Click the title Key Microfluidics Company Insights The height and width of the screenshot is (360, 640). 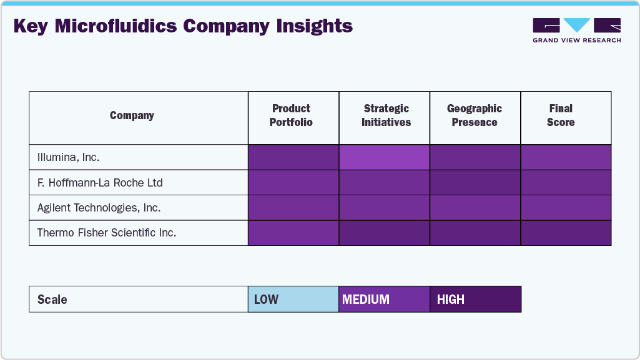[x=182, y=27]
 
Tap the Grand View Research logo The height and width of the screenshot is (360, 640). [x=576, y=30]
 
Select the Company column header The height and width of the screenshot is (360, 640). [x=132, y=115]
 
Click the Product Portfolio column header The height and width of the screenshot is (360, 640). [x=291, y=115]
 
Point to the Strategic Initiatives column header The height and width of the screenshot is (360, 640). [x=386, y=115]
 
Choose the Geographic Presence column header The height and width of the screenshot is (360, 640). [x=475, y=115]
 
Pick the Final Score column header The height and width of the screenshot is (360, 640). [x=561, y=115]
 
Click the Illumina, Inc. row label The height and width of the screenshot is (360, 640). [x=68, y=157]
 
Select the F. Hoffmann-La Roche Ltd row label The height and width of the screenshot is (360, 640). [x=100, y=183]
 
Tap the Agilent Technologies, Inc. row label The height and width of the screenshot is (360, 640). [x=99, y=208]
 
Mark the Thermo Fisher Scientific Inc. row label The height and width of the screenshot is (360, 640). [x=107, y=233]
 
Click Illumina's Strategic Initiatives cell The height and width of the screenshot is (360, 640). [x=384, y=157]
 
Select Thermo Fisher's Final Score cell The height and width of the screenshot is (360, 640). [x=566, y=233]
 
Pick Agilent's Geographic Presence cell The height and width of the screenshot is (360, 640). [x=475, y=208]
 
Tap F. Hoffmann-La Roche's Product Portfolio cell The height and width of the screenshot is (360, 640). [x=293, y=183]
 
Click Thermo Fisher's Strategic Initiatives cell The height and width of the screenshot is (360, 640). [x=384, y=233]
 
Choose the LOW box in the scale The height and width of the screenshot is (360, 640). [x=293, y=299]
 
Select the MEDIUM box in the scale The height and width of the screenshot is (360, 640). [x=384, y=299]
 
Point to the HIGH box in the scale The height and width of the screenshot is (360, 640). [x=475, y=299]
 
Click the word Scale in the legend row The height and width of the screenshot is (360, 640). [x=52, y=299]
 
